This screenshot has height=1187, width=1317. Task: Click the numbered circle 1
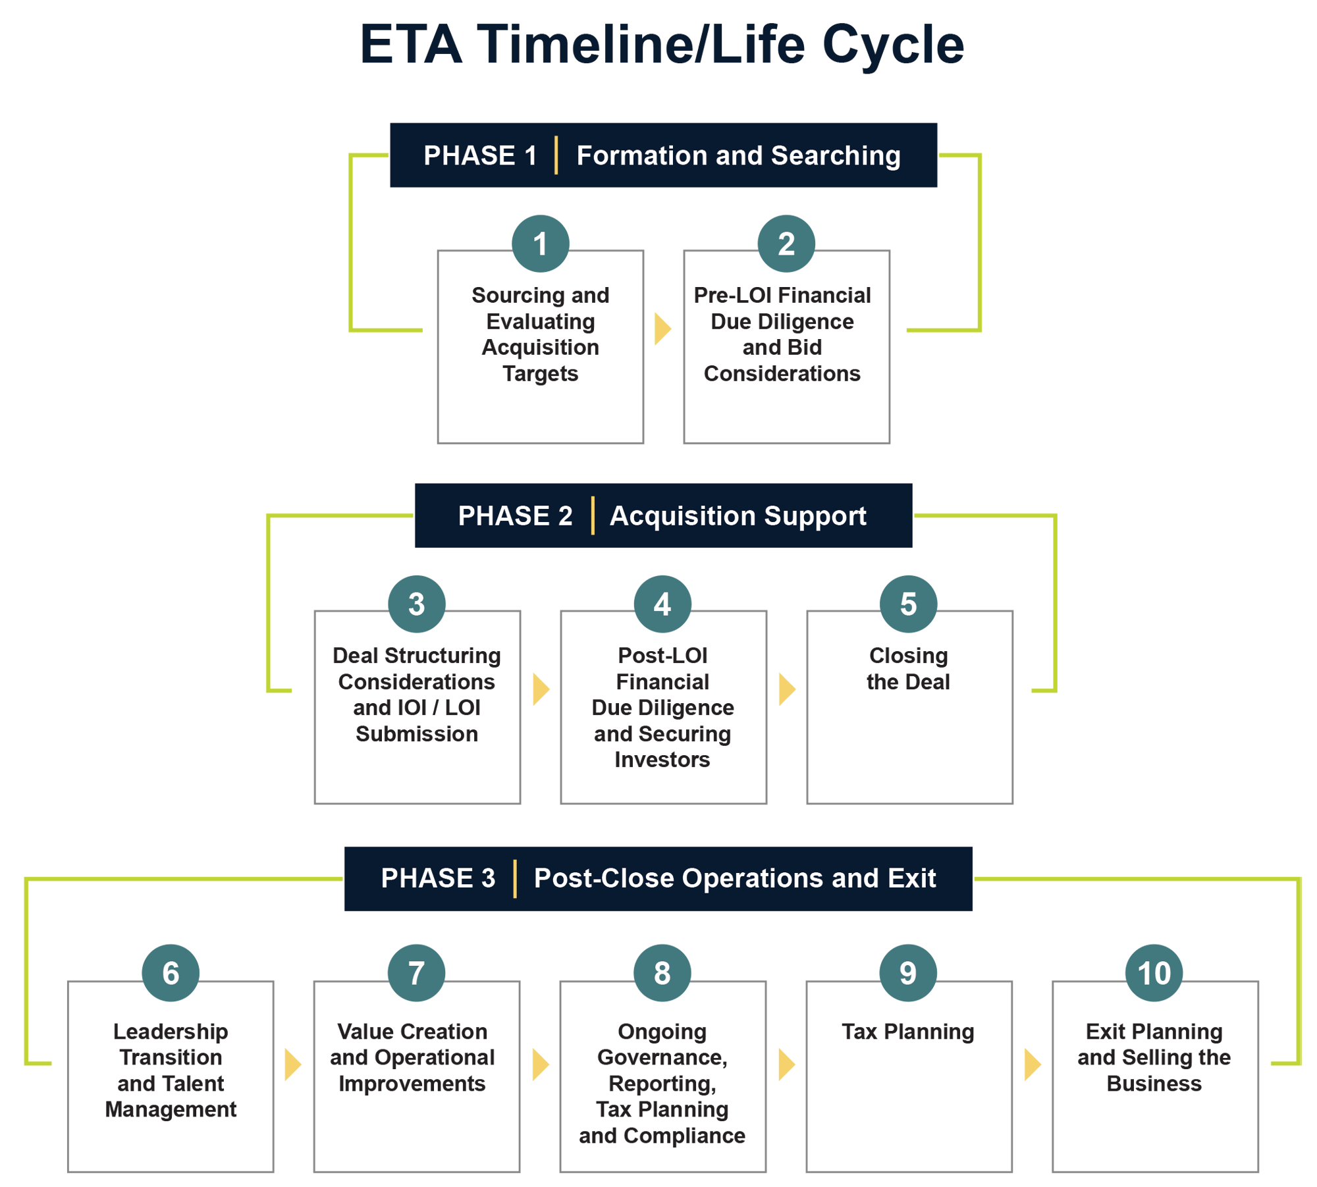pos(540,244)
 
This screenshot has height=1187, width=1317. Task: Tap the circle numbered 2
pos(786,244)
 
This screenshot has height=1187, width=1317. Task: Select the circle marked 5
pos(909,604)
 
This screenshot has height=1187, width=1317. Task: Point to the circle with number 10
pos(1154,973)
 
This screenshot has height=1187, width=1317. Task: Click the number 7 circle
pos(416,973)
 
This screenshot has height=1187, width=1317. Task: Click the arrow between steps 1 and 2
pos(662,329)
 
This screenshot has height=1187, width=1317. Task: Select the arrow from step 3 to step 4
pos(541,689)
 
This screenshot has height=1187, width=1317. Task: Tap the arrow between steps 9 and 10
pos(1033,1065)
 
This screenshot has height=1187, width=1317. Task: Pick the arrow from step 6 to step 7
pos(292,1065)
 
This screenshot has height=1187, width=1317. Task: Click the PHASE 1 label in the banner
pos(480,156)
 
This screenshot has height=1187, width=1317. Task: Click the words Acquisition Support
pos(738,516)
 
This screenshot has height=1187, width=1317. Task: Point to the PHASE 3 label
pos(438,878)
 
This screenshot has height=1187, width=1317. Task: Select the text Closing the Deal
pos(909,669)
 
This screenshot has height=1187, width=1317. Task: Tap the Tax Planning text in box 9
pos(908,1032)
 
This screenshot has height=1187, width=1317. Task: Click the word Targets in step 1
pos(540,373)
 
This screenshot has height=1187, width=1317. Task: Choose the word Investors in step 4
pos(662,760)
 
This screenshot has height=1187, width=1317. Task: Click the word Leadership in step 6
pos(171,1032)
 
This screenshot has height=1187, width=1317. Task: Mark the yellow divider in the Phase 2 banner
pos(593,516)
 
